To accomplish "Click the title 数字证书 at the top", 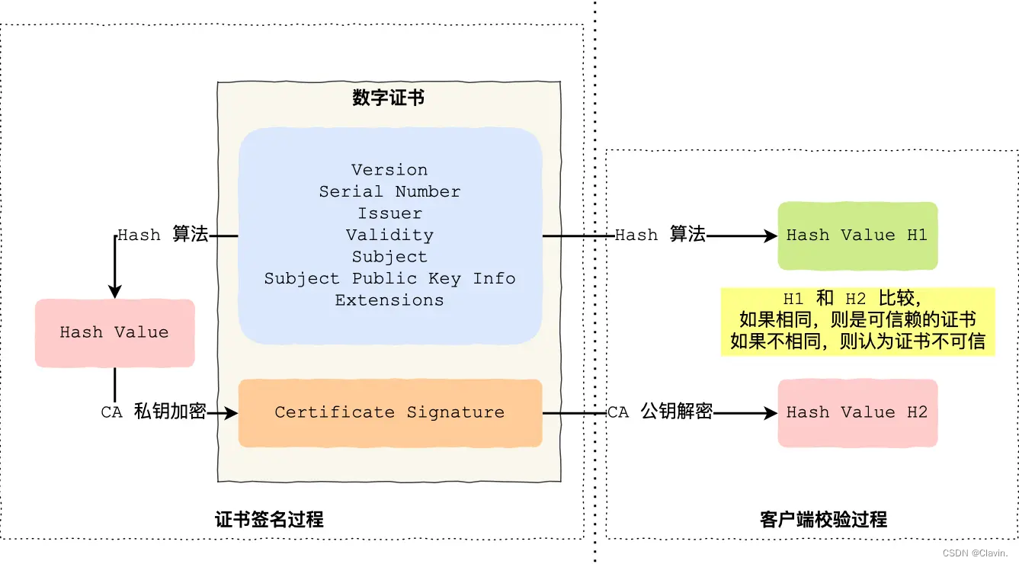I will [389, 98].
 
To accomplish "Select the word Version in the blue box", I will [389, 170].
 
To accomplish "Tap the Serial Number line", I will [389, 191].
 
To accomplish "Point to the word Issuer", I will [389, 213].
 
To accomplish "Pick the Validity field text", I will [389, 235].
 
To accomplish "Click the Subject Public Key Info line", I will [389, 278].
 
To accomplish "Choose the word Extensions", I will [389, 300].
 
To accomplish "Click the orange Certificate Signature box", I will [389, 412].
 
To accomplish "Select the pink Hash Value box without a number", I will [114, 332].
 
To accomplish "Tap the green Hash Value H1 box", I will [857, 236].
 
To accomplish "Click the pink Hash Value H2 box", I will [857, 412].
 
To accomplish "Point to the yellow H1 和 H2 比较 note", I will [857, 320].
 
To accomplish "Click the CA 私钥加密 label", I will [153, 412].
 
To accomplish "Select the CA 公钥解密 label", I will [660, 412].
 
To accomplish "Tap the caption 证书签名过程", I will [269, 520].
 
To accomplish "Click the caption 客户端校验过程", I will [823, 520].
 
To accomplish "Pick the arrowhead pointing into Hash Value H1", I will [771, 236].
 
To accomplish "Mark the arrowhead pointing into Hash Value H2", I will [771, 413].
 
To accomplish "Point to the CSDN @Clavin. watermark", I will [975, 553].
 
